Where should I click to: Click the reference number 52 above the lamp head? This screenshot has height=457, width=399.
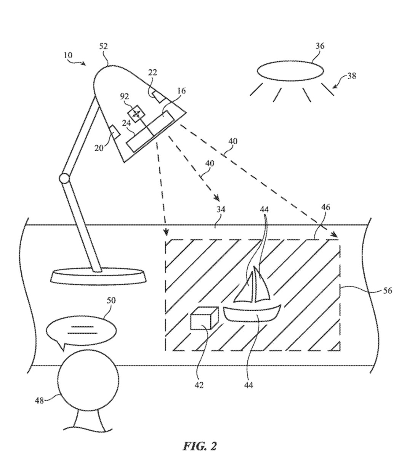104,46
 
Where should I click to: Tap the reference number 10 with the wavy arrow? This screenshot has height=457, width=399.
68,55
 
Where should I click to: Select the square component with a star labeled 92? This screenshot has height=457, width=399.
136,114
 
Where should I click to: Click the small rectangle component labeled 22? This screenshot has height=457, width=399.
159,96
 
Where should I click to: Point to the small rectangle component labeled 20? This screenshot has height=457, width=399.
115,133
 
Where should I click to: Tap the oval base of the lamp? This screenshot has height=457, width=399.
99,276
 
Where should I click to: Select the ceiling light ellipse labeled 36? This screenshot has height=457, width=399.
290,70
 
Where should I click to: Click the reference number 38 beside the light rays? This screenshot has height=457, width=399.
351,76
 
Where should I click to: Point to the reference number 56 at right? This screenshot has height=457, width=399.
388,291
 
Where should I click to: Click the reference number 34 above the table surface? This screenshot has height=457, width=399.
221,209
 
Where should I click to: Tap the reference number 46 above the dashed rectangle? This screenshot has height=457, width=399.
325,207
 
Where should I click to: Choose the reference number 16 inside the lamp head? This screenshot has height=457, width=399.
181,91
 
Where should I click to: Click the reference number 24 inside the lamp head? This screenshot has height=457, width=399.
126,123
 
